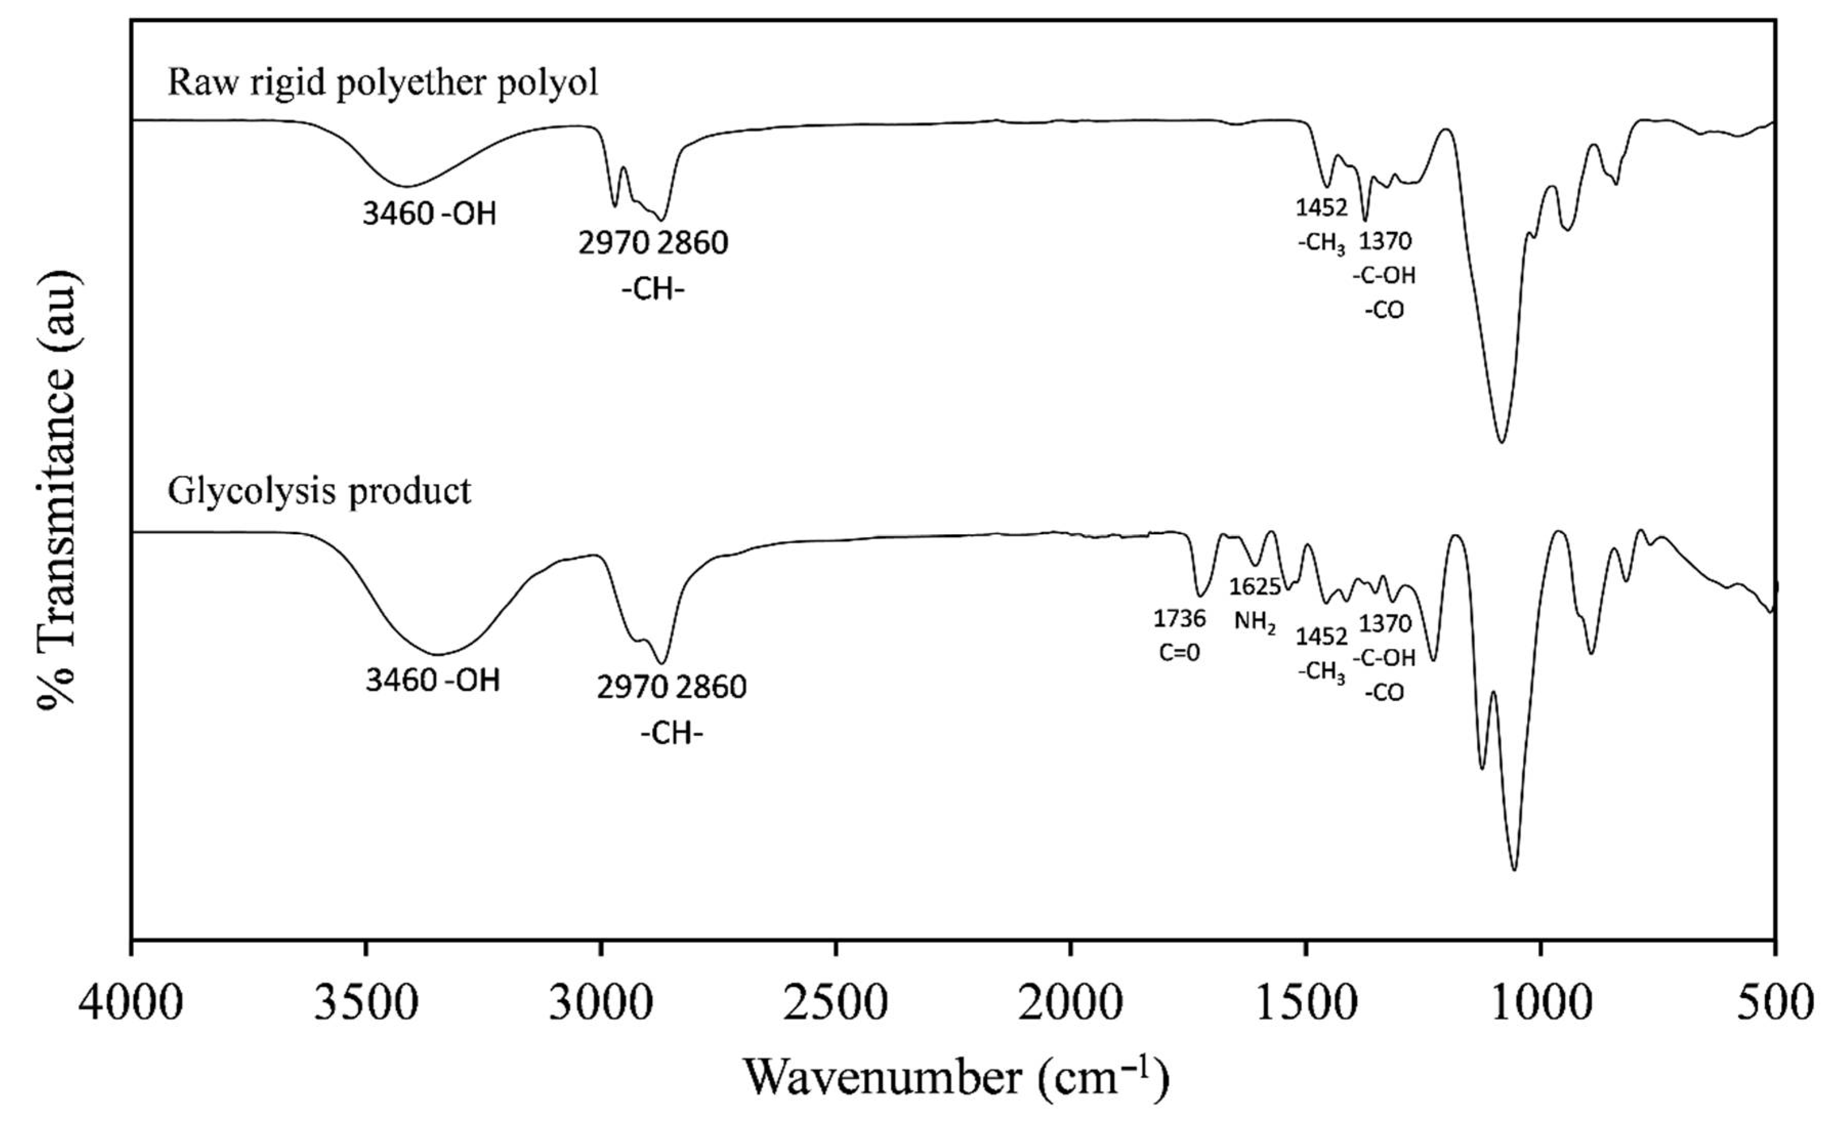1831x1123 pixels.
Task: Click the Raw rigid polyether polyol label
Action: pos(383,82)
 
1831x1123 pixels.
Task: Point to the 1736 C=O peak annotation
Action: pos(1180,635)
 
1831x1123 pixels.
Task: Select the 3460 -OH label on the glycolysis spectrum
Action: pos(432,680)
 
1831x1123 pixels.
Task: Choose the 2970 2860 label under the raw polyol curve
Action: pos(653,243)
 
